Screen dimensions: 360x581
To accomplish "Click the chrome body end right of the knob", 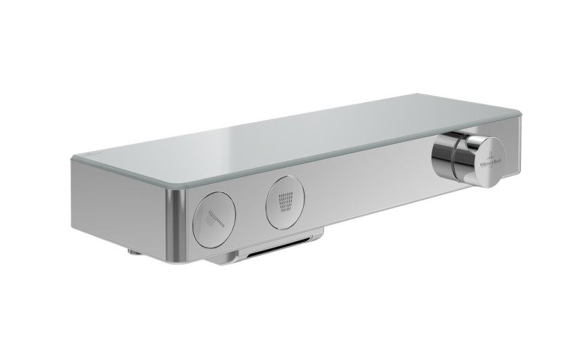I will coord(513,149).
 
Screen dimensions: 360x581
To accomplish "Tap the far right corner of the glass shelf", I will coord(520,112).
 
